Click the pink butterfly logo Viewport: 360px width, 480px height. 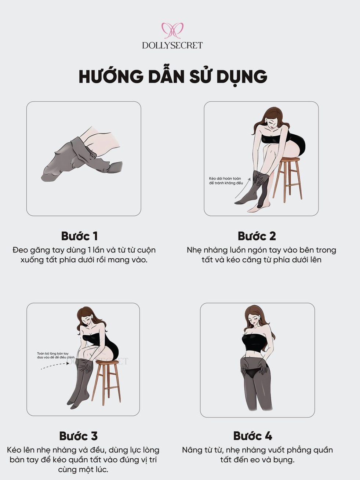[172, 30]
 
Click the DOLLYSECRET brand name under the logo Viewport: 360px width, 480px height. [172, 46]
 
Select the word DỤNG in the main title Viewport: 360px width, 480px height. [242, 77]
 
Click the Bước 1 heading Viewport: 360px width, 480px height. [79, 236]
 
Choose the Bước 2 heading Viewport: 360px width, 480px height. [257, 236]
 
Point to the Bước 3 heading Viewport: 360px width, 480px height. [79, 436]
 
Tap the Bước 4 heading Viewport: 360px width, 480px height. [253, 436]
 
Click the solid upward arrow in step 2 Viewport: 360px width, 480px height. [243, 188]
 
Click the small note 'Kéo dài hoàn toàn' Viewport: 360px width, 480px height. [225, 178]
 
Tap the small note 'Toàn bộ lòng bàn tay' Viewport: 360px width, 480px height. [53, 353]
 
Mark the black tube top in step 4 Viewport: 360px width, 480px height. [254, 343]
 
